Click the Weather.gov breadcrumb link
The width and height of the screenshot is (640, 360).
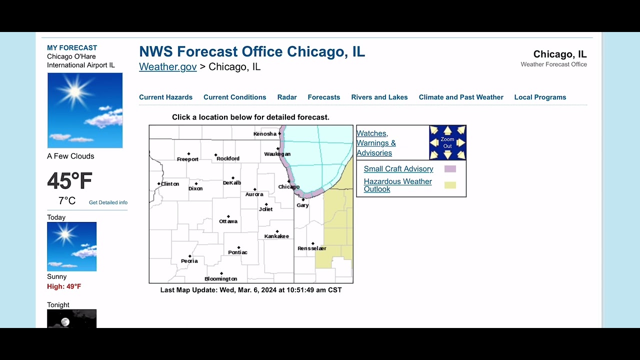(167, 67)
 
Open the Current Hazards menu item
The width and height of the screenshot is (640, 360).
(165, 97)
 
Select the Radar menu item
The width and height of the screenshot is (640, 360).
(287, 97)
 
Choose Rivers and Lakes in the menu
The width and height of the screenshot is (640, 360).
(379, 97)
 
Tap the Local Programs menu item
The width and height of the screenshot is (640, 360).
(540, 97)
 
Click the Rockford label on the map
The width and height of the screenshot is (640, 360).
(227, 158)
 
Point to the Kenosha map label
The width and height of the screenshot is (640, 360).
(265, 134)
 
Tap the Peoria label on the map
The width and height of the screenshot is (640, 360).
(189, 261)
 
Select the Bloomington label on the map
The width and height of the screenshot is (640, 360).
(220, 279)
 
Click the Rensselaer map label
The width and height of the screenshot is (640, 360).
(311, 248)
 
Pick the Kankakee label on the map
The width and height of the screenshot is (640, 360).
(276, 236)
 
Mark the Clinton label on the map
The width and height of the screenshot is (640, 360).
(169, 184)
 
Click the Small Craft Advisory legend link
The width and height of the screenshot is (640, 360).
(398, 169)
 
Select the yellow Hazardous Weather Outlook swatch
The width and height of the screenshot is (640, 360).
(450, 185)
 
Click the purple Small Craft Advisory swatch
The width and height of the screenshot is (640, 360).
(450, 169)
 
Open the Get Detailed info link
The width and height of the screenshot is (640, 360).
(108, 202)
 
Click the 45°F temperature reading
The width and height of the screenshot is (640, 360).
(69, 181)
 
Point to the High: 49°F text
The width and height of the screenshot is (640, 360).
(64, 286)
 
